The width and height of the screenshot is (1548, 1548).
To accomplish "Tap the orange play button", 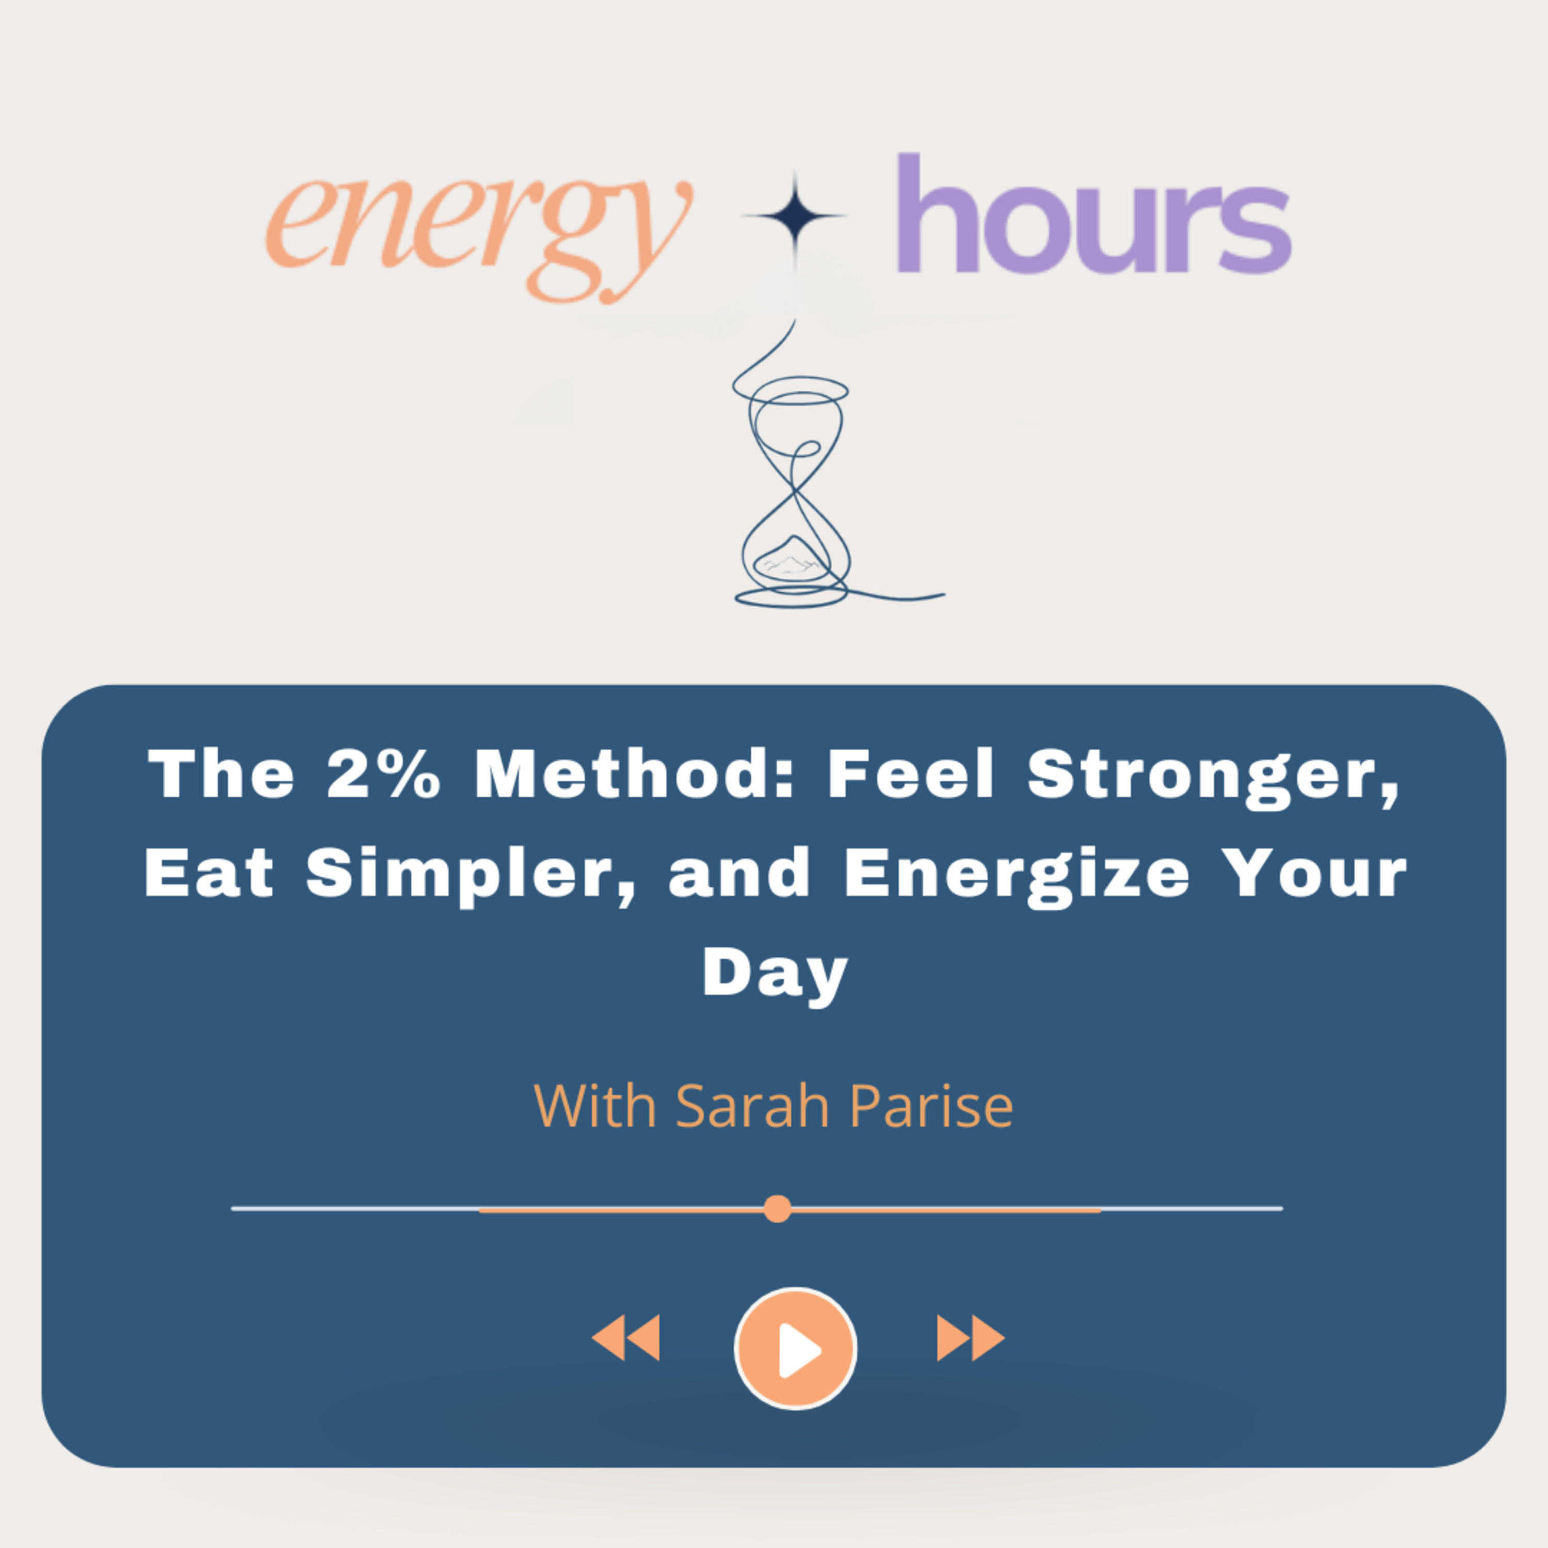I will coord(795,1348).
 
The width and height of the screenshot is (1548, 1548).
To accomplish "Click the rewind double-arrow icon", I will coord(626,1337).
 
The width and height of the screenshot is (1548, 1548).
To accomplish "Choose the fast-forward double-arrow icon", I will coord(970,1337).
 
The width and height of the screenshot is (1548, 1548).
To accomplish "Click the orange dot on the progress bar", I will coord(777,1208).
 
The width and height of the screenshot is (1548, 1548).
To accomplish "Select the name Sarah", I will coord(752,1106).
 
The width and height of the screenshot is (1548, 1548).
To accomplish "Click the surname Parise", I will coord(931,1106).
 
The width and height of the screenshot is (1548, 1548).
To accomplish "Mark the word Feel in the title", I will coord(911,775).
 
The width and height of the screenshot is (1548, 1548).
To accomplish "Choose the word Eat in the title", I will coord(209,874).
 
